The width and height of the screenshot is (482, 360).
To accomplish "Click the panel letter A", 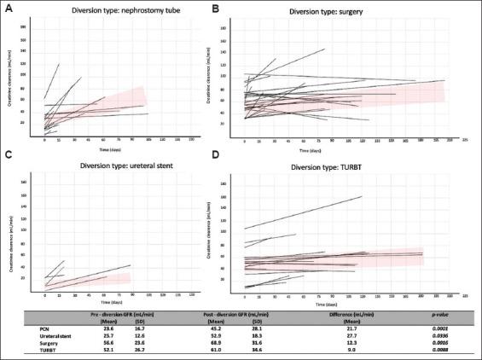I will (x=8, y=9).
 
